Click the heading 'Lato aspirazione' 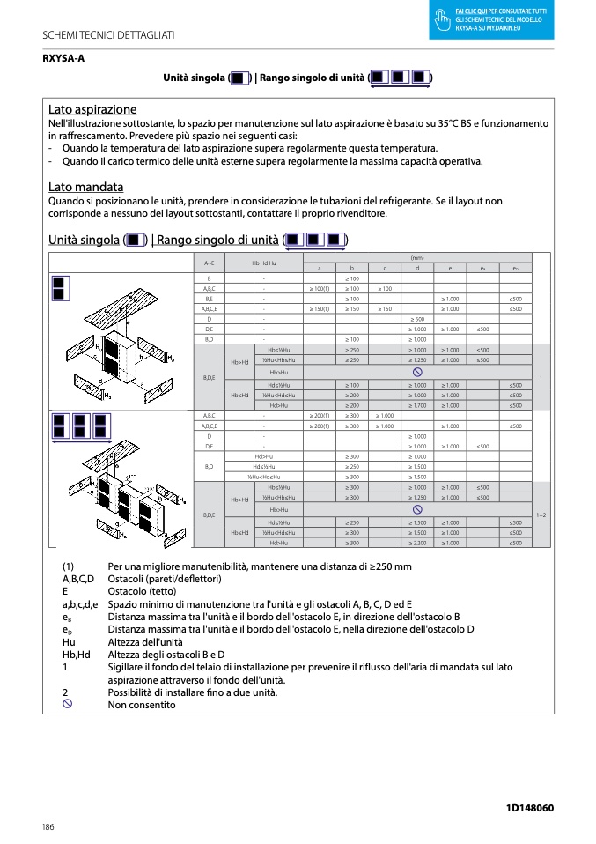coord(92,110)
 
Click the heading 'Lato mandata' coord(85,187)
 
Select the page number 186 coord(48,826)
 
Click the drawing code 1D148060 coord(530,808)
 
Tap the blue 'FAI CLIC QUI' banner coord(491,20)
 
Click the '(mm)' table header coord(417,257)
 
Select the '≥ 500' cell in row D coord(417,319)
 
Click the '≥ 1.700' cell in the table coord(417,405)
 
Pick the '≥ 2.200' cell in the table coord(417,543)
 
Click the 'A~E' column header coord(209,263)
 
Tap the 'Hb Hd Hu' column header coord(264,263)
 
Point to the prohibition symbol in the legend coord(68,705)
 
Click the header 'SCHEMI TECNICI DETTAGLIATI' coord(108,34)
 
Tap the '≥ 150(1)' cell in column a coord(319,309)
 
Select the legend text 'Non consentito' coord(141,705)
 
